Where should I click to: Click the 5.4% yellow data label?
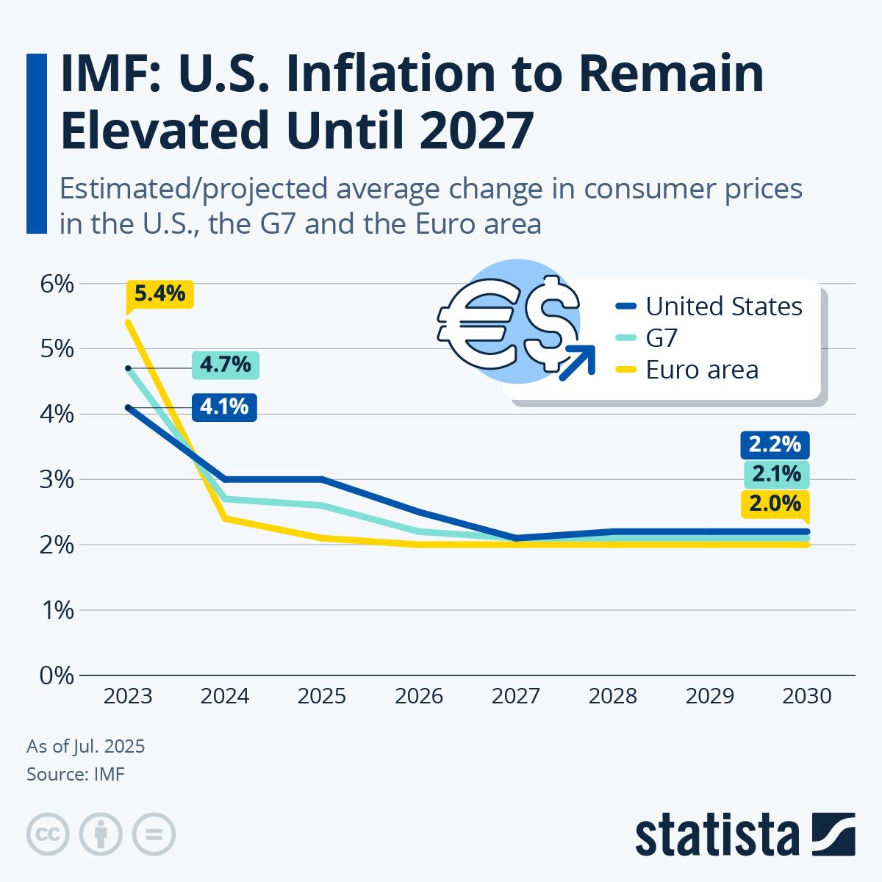[x=159, y=294]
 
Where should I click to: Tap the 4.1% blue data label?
[x=224, y=406]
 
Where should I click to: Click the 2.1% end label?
[x=776, y=474]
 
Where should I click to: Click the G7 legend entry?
[x=661, y=338]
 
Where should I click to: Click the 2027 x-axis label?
[x=515, y=696]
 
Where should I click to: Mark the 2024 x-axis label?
[x=225, y=696]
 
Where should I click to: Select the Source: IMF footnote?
[x=76, y=773]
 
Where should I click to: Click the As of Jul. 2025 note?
[x=86, y=747]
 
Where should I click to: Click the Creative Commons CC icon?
[x=48, y=834]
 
